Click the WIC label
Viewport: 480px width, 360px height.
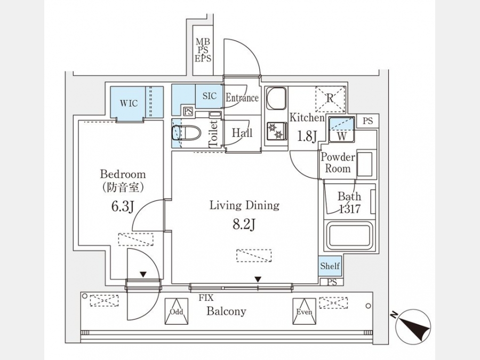tap(129, 103)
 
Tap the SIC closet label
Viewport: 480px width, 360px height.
tap(210, 97)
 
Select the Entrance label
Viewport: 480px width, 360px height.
tap(242, 98)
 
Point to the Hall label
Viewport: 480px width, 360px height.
tap(242, 133)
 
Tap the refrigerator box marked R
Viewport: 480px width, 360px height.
tap(330, 99)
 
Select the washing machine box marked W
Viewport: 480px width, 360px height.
tap(340, 130)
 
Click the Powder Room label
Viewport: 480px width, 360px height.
tap(338, 163)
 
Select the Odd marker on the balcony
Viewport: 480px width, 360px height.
tap(177, 311)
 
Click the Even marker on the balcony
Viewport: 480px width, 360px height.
tap(304, 311)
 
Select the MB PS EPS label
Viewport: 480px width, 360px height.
tap(203, 50)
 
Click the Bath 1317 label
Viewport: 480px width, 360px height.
tap(349, 203)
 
